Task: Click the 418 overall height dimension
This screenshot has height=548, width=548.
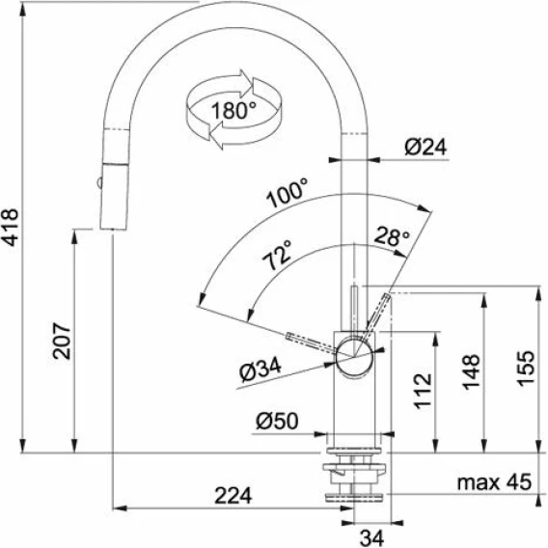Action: pos(11,228)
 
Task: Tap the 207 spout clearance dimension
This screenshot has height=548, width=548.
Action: pos(62,342)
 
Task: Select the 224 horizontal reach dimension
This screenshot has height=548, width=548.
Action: pos(233,496)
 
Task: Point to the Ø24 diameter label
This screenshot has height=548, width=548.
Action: pos(425,148)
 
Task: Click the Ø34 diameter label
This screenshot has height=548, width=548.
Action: pos(260,370)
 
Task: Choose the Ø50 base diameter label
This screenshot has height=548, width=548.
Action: pos(277,421)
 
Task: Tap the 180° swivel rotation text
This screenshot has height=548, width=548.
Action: pos(233,110)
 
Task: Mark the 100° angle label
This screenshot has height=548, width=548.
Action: pos(287,193)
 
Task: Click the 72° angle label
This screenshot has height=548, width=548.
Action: pos(277,255)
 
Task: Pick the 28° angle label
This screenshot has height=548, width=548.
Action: pos(392,236)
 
